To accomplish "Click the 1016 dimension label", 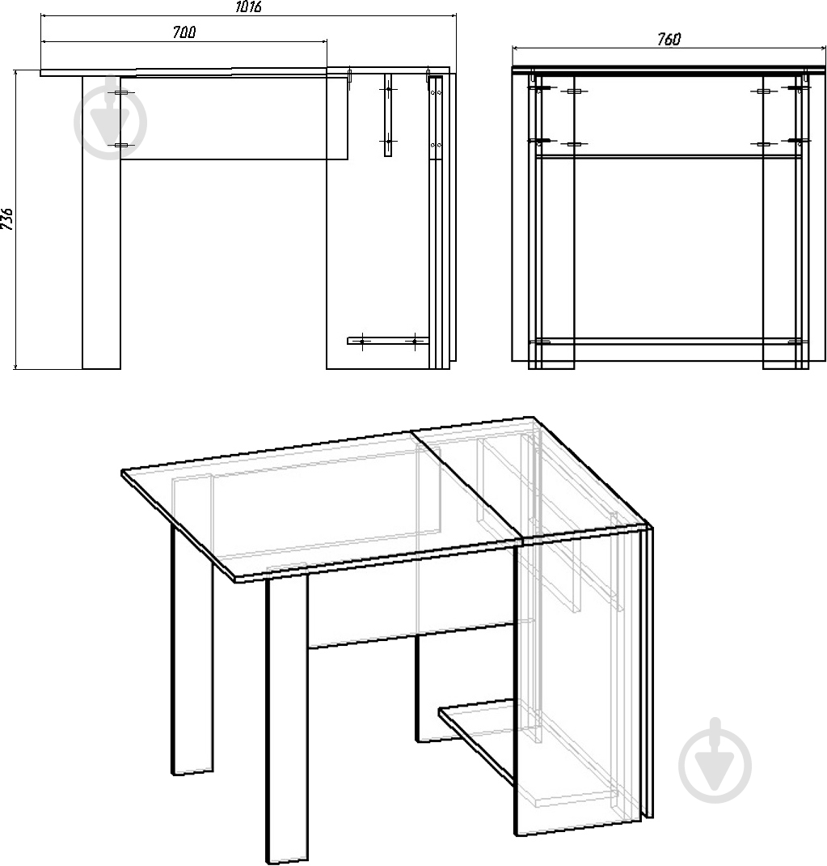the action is pos(248,7).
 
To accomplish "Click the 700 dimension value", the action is pos(184,32).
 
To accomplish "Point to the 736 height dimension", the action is pos(7,219).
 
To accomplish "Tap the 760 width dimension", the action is pos(669,39).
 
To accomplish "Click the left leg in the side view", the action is pos(102,223).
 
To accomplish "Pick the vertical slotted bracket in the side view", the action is pos(388,115).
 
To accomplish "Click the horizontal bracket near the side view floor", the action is pos(388,341).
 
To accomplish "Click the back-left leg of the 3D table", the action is pos(192,649).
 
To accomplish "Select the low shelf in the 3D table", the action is pos(478,739).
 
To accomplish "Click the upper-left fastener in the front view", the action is pos(538,87).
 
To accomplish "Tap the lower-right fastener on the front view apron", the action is pos(763,144).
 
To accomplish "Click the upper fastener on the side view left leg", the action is pos(120,92).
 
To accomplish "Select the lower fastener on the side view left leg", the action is pos(120,146).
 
